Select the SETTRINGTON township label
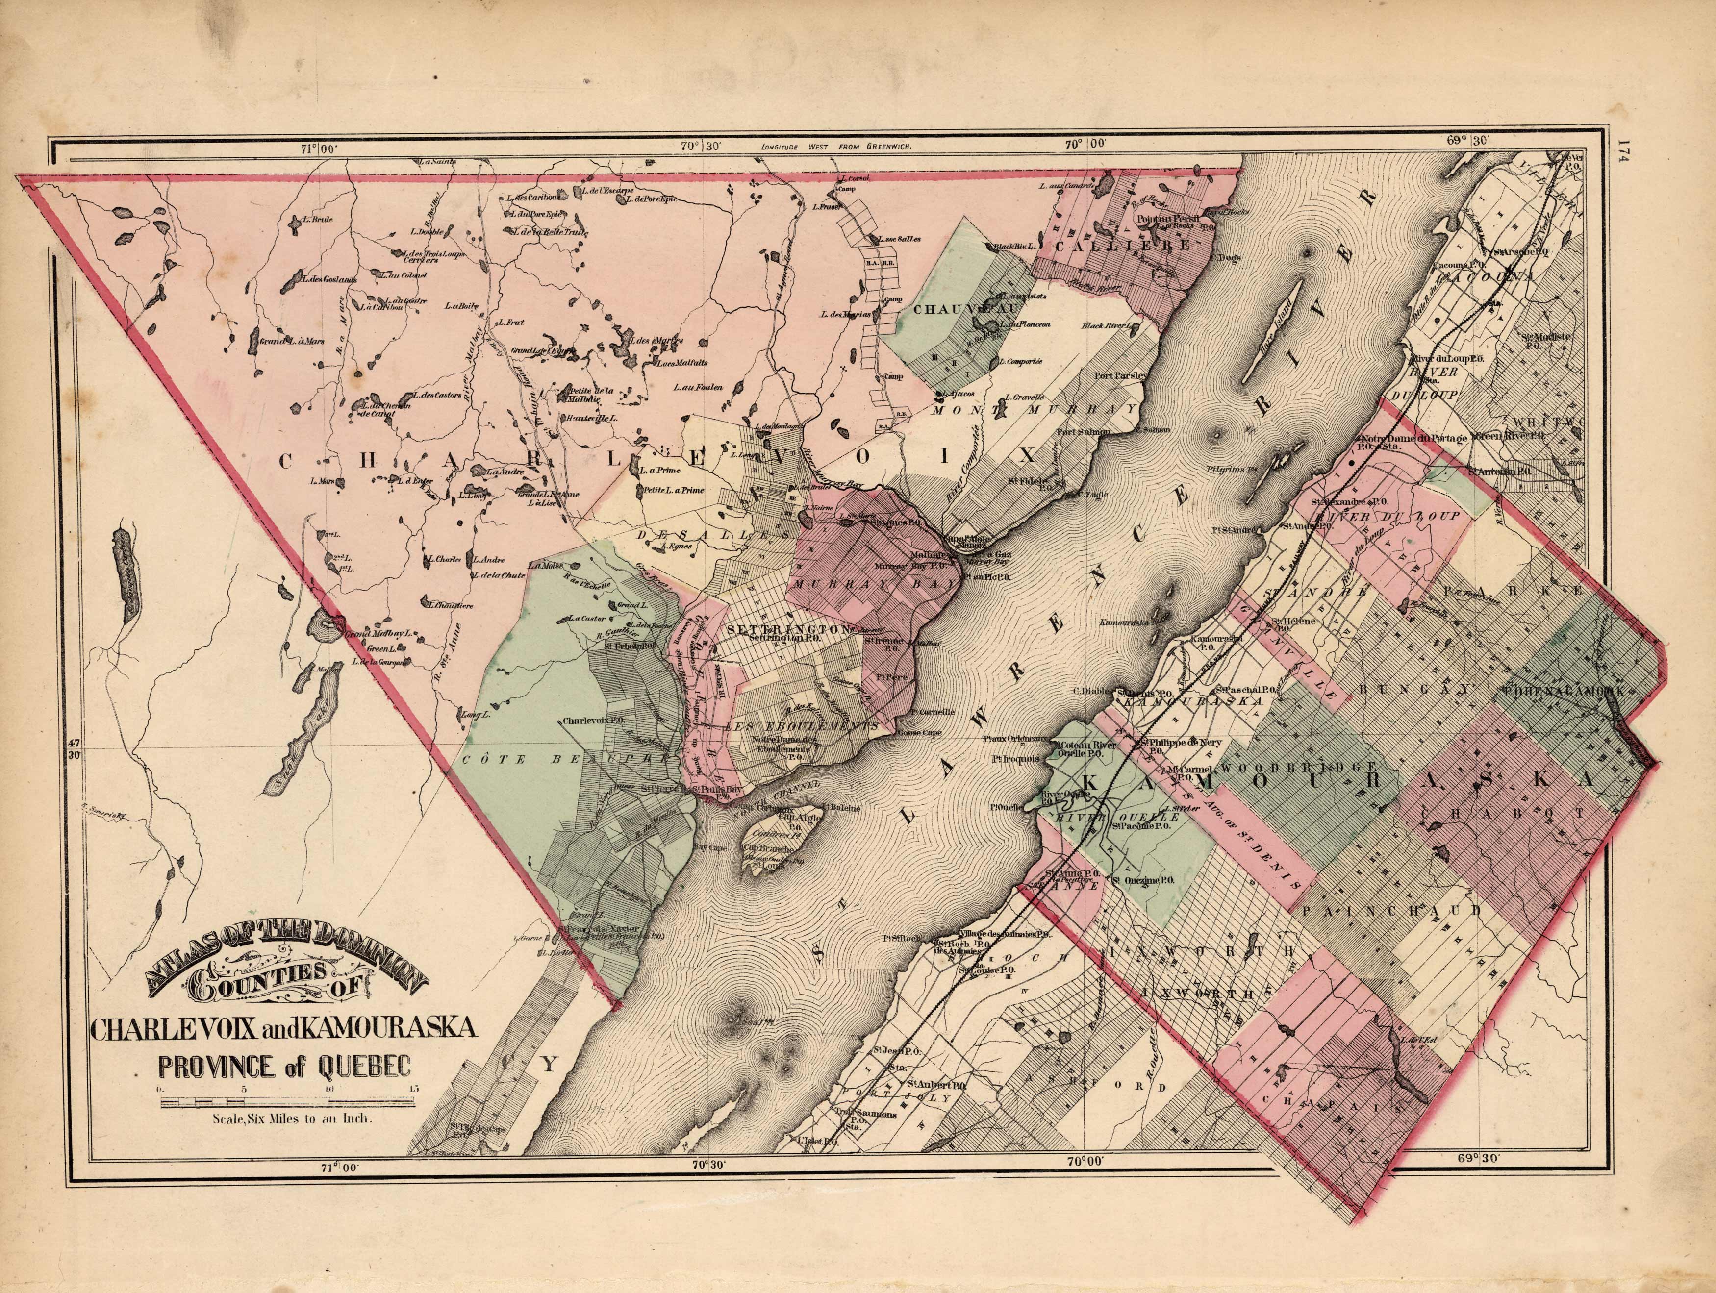coord(785,628)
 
